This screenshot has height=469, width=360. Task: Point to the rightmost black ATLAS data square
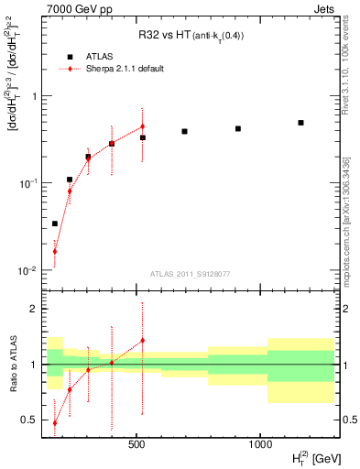300,123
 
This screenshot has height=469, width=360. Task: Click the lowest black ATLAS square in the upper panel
55,224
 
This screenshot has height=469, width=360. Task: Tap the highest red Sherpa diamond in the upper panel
142,126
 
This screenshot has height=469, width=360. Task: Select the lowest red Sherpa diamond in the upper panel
55,251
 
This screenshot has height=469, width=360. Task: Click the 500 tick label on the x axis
136,444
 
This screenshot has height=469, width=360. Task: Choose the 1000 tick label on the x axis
260,444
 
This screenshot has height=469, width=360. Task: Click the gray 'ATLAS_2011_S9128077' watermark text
190,273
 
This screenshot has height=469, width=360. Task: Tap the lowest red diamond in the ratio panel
55,423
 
